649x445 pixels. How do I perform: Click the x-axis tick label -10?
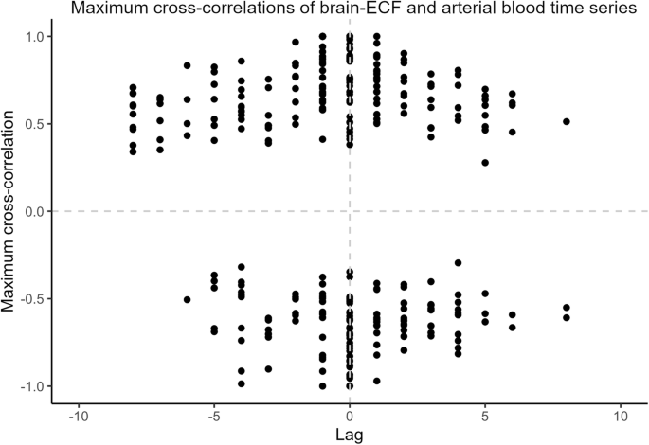pos(79,416)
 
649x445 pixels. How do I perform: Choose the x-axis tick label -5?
pos(214,416)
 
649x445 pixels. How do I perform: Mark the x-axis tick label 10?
pos(621,416)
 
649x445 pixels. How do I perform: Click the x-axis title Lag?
pos(350,434)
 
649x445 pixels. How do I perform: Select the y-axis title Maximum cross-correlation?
pos(10,211)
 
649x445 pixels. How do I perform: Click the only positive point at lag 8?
pos(567,121)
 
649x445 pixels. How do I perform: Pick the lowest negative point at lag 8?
pos(567,318)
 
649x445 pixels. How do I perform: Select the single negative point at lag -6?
pos(187,299)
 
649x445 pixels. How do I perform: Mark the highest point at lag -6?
pos(187,65)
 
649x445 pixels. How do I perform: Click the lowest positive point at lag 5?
pos(485,162)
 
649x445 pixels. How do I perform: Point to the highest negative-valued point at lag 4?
pos(459,262)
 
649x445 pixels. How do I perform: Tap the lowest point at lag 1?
pos(377,381)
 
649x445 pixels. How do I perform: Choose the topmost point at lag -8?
pos(133,87)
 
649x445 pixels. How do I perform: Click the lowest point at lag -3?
pos(268,369)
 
